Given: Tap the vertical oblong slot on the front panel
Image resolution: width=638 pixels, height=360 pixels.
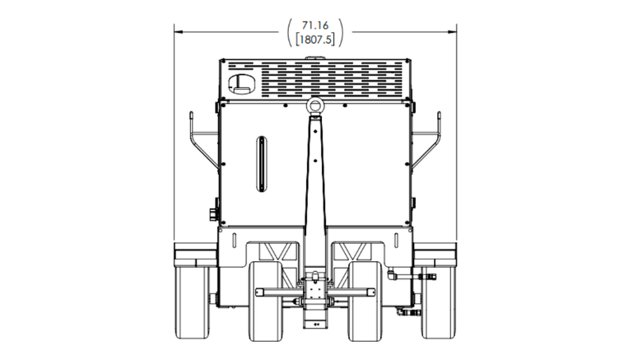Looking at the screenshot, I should click(x=261, y=164).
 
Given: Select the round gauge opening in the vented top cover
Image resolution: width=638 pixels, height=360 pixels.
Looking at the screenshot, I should click(x=242, y=81).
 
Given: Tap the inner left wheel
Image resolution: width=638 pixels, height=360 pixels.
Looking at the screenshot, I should click(x=267, y=302).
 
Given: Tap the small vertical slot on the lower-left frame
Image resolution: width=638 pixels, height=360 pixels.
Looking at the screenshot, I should click(x=234, y=240).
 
